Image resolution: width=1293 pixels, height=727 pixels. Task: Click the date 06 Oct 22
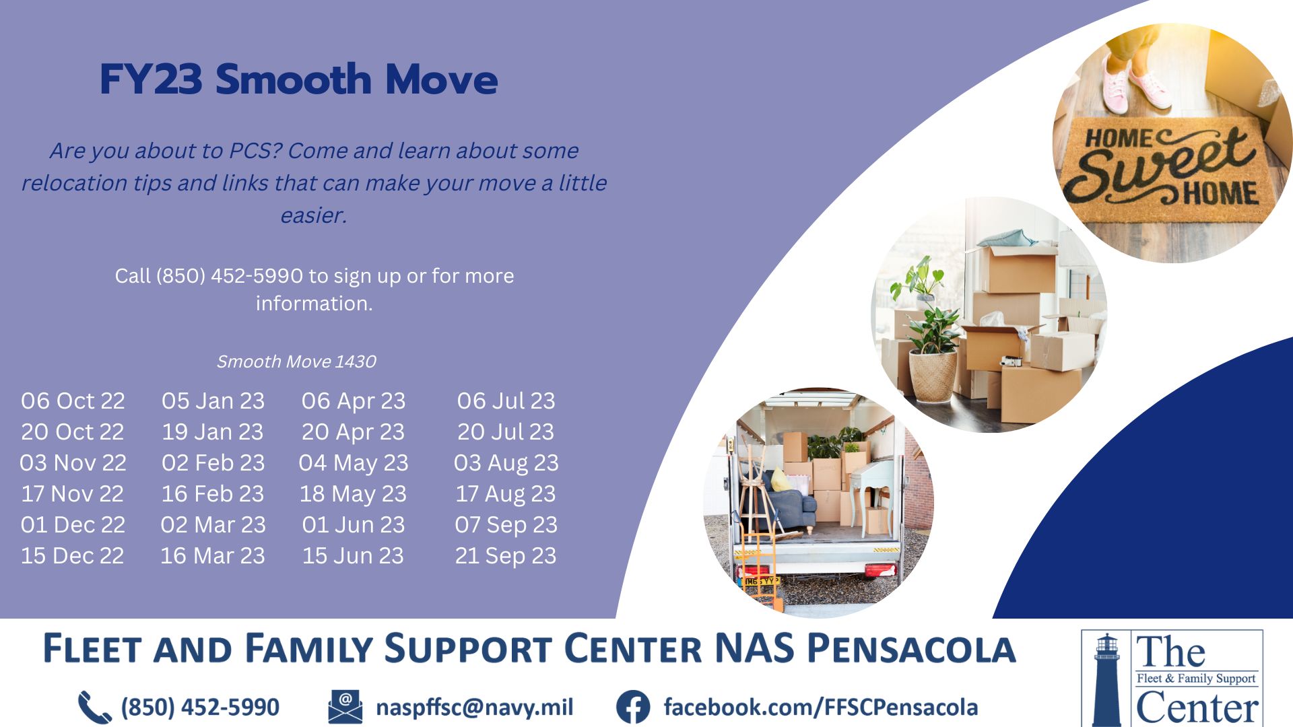point(73,401)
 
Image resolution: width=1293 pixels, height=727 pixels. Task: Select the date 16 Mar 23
point(213,556)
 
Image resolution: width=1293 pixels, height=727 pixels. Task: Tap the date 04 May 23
point(354,463)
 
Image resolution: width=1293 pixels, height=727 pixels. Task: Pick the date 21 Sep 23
point(506,556)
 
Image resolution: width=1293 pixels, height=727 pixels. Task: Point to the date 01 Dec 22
point(73,525)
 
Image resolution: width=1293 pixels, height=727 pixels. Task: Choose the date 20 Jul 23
point(506,432)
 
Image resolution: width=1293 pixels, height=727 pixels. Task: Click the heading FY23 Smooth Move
point(299,79)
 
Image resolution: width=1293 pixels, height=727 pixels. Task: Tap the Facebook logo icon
point(633,707)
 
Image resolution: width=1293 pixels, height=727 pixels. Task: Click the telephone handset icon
point(94,707)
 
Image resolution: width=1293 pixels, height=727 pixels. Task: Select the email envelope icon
point(345,707)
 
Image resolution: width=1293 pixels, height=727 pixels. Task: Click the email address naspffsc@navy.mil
point(475,707)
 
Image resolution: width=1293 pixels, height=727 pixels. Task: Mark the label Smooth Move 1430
point(296,362)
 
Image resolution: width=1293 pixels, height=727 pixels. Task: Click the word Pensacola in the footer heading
point(911,648)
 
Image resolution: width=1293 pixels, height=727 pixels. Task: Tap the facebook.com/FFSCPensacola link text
point(820,707)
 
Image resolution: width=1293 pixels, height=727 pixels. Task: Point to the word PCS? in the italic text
point(255,151)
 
